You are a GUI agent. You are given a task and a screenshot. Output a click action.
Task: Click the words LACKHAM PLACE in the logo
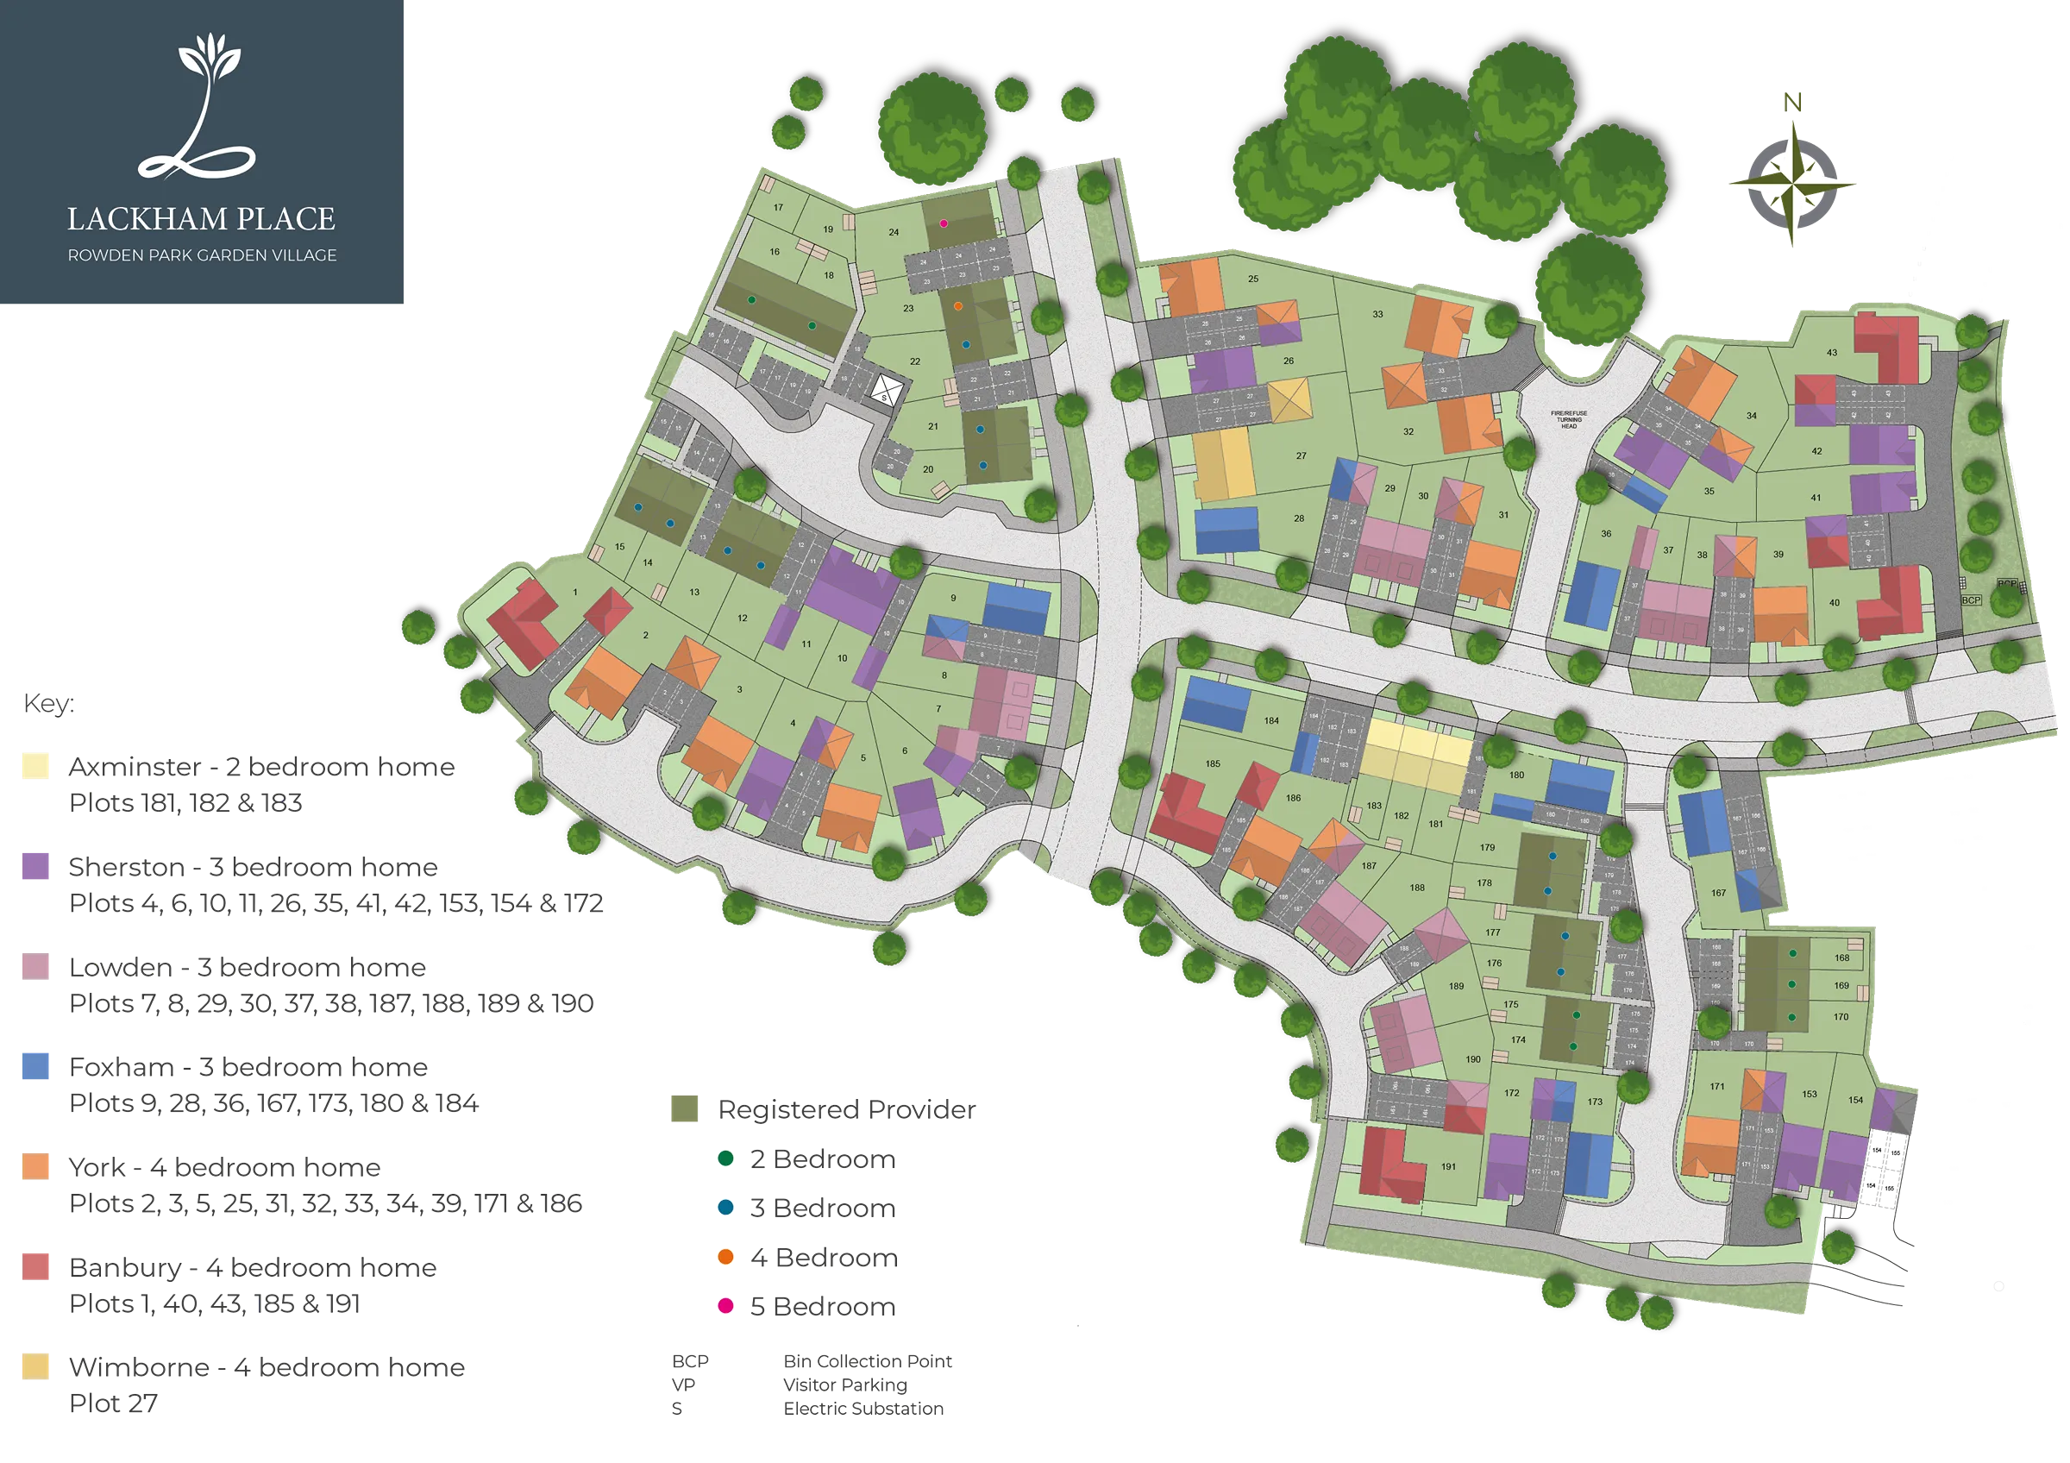[201, 219]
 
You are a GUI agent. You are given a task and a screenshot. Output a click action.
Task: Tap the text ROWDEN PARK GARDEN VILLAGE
[202, 256]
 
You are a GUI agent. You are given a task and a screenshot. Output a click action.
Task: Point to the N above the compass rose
[1793, 103]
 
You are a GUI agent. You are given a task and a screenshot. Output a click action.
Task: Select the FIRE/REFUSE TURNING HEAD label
[1569, 419]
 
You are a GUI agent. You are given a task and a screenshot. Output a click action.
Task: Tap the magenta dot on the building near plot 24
[944, 223]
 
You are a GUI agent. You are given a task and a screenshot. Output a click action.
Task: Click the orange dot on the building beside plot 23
[958, 306]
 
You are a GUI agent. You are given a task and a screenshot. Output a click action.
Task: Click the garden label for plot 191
[1448, 1166]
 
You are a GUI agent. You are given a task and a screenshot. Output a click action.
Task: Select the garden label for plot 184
[1271, 720]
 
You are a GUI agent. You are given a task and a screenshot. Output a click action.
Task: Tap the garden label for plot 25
[1253, 279]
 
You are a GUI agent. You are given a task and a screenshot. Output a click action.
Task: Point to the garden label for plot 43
[1831, 353]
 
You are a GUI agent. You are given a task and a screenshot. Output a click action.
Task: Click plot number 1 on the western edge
[575, 593]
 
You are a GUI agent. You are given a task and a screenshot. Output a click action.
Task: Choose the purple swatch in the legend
[37, 866]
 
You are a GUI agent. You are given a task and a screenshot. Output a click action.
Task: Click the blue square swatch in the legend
[37, 1066]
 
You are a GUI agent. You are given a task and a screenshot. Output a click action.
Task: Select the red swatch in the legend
[37, 1265]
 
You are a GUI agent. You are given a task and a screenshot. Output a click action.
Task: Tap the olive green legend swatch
[686, 1108]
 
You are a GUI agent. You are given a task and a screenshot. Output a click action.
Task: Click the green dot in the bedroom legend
[725, 1159]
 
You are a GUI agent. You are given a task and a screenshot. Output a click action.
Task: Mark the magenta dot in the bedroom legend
[725, 1304]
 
